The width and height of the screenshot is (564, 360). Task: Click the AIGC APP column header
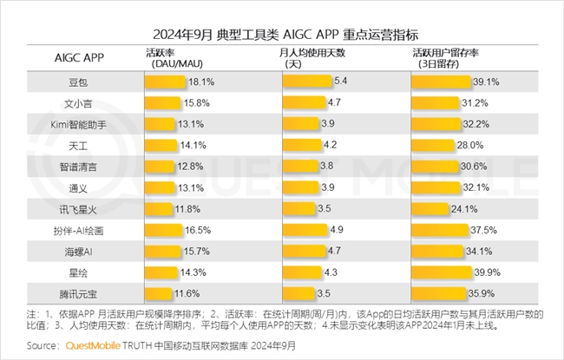78,58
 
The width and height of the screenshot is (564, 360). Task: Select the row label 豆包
78,82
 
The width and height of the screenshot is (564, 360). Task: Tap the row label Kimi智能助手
78,124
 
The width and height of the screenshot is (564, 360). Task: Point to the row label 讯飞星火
78,209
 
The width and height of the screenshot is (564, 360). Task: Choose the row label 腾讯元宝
78,293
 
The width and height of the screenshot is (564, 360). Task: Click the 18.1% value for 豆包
200,82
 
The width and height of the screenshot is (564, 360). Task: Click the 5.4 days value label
340,82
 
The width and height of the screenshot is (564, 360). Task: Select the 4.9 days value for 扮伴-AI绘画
337,230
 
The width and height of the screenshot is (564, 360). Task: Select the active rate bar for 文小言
166,102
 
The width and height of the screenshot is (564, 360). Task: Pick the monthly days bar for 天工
303,145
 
